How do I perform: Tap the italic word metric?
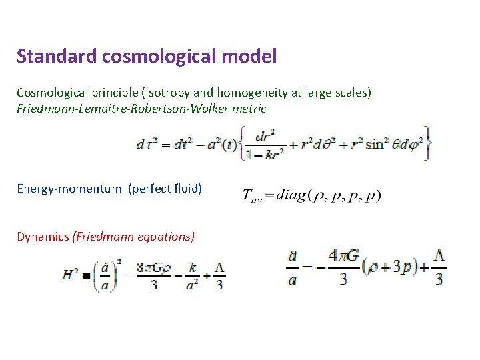click(x=247, y=108)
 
